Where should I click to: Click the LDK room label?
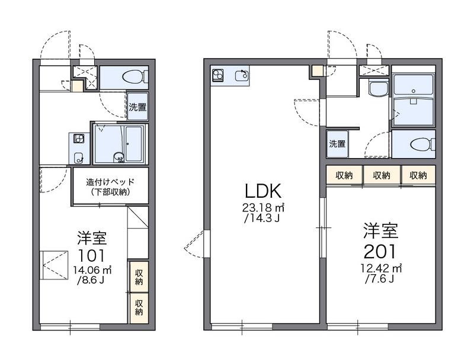tap(263, 191)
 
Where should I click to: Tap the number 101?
tap(92, 256)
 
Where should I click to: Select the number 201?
tap(380, 251)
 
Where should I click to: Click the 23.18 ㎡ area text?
tap(263, 207)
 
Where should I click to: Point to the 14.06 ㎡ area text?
tap(92, 269)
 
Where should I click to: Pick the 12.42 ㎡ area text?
tap(380, 268)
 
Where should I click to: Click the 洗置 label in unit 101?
tap(137, 107)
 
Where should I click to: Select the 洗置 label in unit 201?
tap(337, 144)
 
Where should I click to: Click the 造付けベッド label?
tap(110, 182)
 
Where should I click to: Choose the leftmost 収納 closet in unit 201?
tap(344, 175)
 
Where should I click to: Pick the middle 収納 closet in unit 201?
tap(382, 175)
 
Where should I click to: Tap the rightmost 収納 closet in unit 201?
tap(418, 175)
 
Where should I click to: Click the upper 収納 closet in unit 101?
tap(139, 277)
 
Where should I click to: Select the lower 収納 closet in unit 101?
tap(139, 307)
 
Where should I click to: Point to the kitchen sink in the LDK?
tap(242, 75)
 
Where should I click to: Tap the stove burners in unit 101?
tap(79, 139)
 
